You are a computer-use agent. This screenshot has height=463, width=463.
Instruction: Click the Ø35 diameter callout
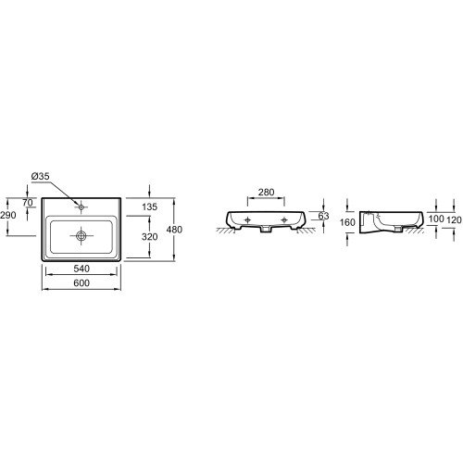40,176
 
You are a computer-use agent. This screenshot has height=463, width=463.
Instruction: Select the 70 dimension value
28,203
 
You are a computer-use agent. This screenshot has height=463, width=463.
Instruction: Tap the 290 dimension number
8,215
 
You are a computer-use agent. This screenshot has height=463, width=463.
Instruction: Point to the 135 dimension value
150,206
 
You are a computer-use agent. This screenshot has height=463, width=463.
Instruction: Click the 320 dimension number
150,237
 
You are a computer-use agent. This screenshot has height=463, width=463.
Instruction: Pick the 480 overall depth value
174,230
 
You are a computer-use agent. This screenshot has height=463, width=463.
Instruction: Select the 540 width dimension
81,269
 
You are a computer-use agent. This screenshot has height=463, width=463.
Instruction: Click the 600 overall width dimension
81,282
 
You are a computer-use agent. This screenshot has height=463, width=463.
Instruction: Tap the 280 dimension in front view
266,193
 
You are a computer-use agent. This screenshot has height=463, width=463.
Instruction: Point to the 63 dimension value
323,216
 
